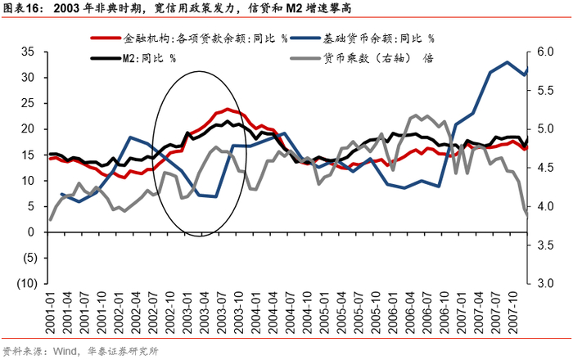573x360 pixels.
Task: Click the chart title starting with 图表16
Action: tap(205, 10)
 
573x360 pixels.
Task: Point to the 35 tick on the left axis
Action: tap(29, 51)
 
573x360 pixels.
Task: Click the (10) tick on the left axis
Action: tap(25, 283)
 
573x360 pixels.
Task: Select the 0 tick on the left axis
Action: tap(32, 232)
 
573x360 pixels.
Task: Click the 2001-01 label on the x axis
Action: tap(50, 312)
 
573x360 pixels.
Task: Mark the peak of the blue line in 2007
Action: tap(508, 62)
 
